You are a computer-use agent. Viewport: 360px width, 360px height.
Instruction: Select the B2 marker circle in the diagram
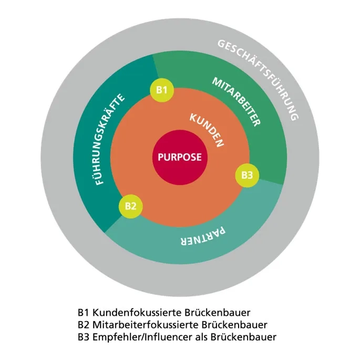coord(131,206)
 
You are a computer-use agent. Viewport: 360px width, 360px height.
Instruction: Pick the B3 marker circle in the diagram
coord(247,174)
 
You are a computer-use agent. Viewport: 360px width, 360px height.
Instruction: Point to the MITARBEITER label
coord(236,101)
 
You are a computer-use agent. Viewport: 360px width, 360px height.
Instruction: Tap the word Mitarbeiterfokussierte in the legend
coord(140,324)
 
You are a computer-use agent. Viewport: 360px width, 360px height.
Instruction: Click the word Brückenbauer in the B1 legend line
coord(205,311)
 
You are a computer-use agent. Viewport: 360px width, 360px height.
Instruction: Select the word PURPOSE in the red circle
coord(177,157)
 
